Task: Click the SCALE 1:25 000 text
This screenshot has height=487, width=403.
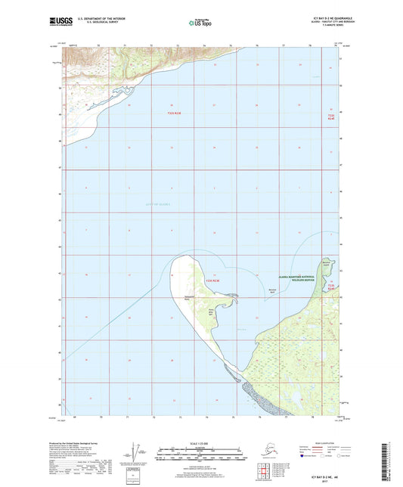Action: coord(201,442)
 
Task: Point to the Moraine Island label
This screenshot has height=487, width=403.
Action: coord(326,263)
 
